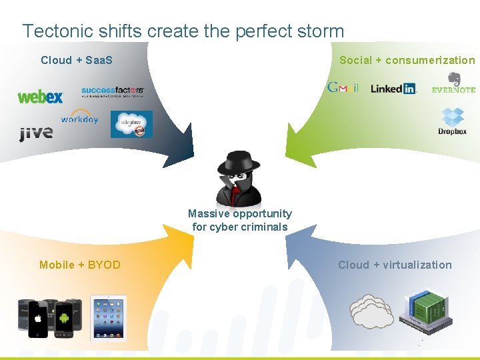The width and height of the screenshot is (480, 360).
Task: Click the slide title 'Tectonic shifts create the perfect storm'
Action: point(183,31)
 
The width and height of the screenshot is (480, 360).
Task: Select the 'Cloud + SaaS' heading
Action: point(77,60)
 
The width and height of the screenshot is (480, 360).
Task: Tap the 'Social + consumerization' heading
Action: point(407,60)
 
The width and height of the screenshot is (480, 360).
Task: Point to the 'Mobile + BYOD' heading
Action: point(80,265)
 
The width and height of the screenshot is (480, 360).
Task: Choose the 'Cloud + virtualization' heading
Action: point(395,265)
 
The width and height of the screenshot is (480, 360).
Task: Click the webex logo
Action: point(40,97)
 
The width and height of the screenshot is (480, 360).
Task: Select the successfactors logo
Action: point(112,91)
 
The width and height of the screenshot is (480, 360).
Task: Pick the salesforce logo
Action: point(131,124)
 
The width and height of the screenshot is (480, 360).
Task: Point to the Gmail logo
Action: point(343,87)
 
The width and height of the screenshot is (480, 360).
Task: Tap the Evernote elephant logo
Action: point(454,79)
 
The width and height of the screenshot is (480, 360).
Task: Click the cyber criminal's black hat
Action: point(240,162)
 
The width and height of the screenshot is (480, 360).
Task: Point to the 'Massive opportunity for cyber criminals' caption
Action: point(240,220)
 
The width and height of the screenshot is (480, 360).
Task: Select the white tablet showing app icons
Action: point(109,318)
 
